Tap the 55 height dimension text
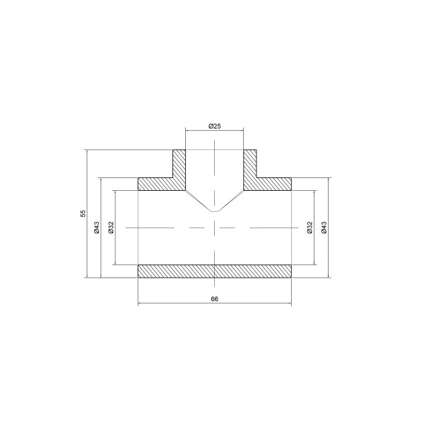[83, 213]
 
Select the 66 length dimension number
[215, 299]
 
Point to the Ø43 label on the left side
[97, 227]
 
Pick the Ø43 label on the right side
[324, 227]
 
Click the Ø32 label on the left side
[110, 227]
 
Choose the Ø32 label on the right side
[309, 227]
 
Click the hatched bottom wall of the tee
[215, 271]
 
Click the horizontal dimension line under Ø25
[215, 131]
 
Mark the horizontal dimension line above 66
[215, 305]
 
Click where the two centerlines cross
[215, 227]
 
